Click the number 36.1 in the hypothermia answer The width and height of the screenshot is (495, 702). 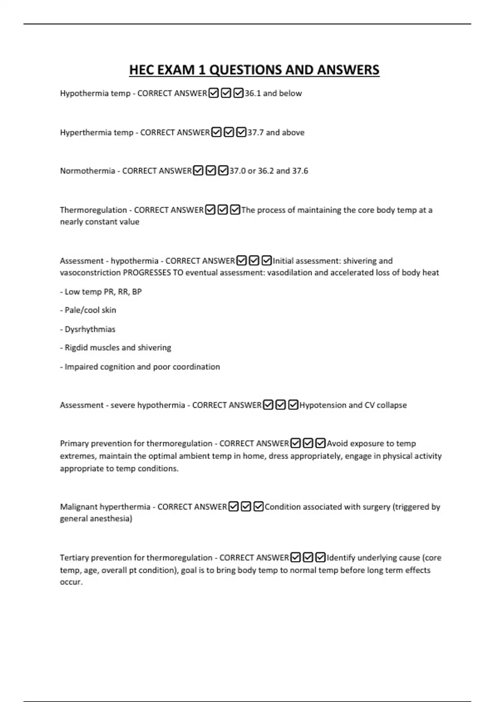(253, 93)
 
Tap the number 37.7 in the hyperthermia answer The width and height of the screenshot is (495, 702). (256, 133)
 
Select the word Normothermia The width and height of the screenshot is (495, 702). (87, 171)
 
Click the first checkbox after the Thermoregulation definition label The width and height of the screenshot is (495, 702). (210, 210)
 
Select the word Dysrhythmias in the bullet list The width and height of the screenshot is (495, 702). (90, 330)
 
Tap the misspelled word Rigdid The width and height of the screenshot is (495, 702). (76, 348)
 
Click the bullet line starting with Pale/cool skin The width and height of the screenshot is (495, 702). (90, 310)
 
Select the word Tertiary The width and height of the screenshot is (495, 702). (74, 558)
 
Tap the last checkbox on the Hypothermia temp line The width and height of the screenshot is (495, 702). (238, 93)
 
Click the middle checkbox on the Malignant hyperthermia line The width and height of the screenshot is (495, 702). (246, 507)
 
